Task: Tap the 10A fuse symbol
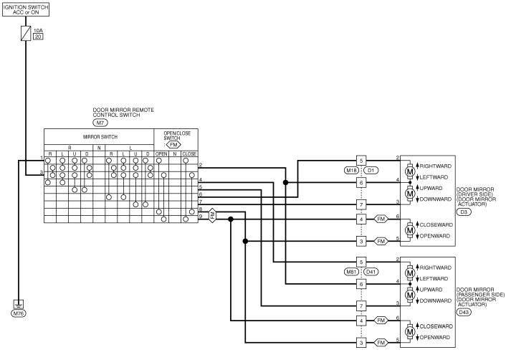pos(26,34)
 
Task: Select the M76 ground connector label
pos(18,314)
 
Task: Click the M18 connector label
pos(351,170)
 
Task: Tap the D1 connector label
pos(371,170)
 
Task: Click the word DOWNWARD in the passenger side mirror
pos(436,301)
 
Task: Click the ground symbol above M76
pos(18,304)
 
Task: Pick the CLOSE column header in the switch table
pos(188,153)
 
